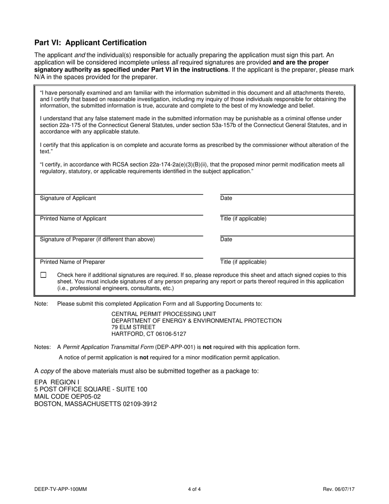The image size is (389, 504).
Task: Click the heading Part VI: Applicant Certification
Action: click(90, 43)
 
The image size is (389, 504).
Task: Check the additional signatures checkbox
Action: click(43, 275)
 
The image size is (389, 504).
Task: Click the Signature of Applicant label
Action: click(68, 198)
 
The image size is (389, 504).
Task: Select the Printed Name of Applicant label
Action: click(73, 219)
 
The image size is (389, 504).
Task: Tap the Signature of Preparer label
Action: click(97, 239)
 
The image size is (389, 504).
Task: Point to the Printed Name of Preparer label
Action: click(72, 262)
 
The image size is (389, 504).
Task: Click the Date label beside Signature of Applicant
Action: click(226, 198)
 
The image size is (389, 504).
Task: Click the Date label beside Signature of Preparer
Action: click(226, 239)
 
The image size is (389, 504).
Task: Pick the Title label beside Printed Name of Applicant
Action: click(243, 219)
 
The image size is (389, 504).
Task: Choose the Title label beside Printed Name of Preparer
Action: click(243, 262)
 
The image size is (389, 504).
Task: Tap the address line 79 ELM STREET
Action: click(133, 327)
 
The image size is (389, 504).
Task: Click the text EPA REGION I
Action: click(57, 382)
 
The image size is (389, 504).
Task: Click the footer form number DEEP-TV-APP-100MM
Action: click(61, 489)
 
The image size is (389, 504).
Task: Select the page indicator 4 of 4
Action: click(194, 489)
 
